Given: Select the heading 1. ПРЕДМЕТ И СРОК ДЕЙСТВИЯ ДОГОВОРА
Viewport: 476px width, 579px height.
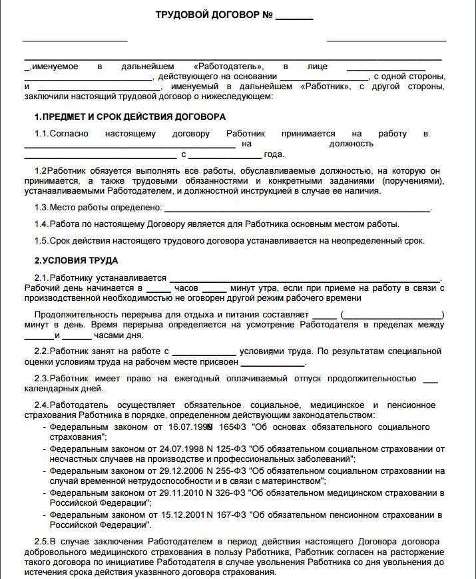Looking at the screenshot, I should coord(130,116).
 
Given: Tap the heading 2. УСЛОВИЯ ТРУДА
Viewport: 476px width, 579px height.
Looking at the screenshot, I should coord(76,260).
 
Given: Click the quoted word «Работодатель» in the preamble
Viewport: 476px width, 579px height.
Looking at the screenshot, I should coord(228,67).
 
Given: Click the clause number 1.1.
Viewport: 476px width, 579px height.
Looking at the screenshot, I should coord(42,134).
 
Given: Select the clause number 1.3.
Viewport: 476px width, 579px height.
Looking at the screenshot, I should coord(42,208).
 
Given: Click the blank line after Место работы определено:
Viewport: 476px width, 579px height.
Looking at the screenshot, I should coord(296,209).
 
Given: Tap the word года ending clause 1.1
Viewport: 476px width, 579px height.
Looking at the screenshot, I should coord(274,154).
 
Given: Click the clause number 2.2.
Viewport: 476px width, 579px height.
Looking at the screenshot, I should coord(42,351).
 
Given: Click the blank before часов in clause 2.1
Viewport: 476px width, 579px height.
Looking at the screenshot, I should coord(158,289).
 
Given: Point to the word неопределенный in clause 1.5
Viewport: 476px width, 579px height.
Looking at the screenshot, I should coord(369,241).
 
